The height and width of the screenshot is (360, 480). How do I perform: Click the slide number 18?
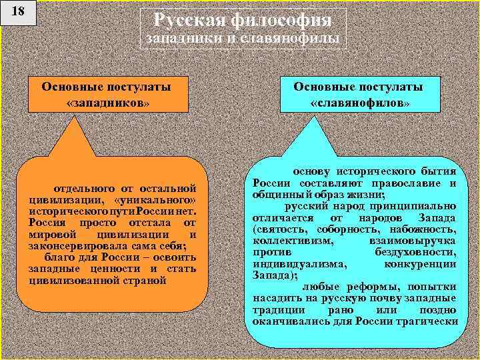click(19, 13)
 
